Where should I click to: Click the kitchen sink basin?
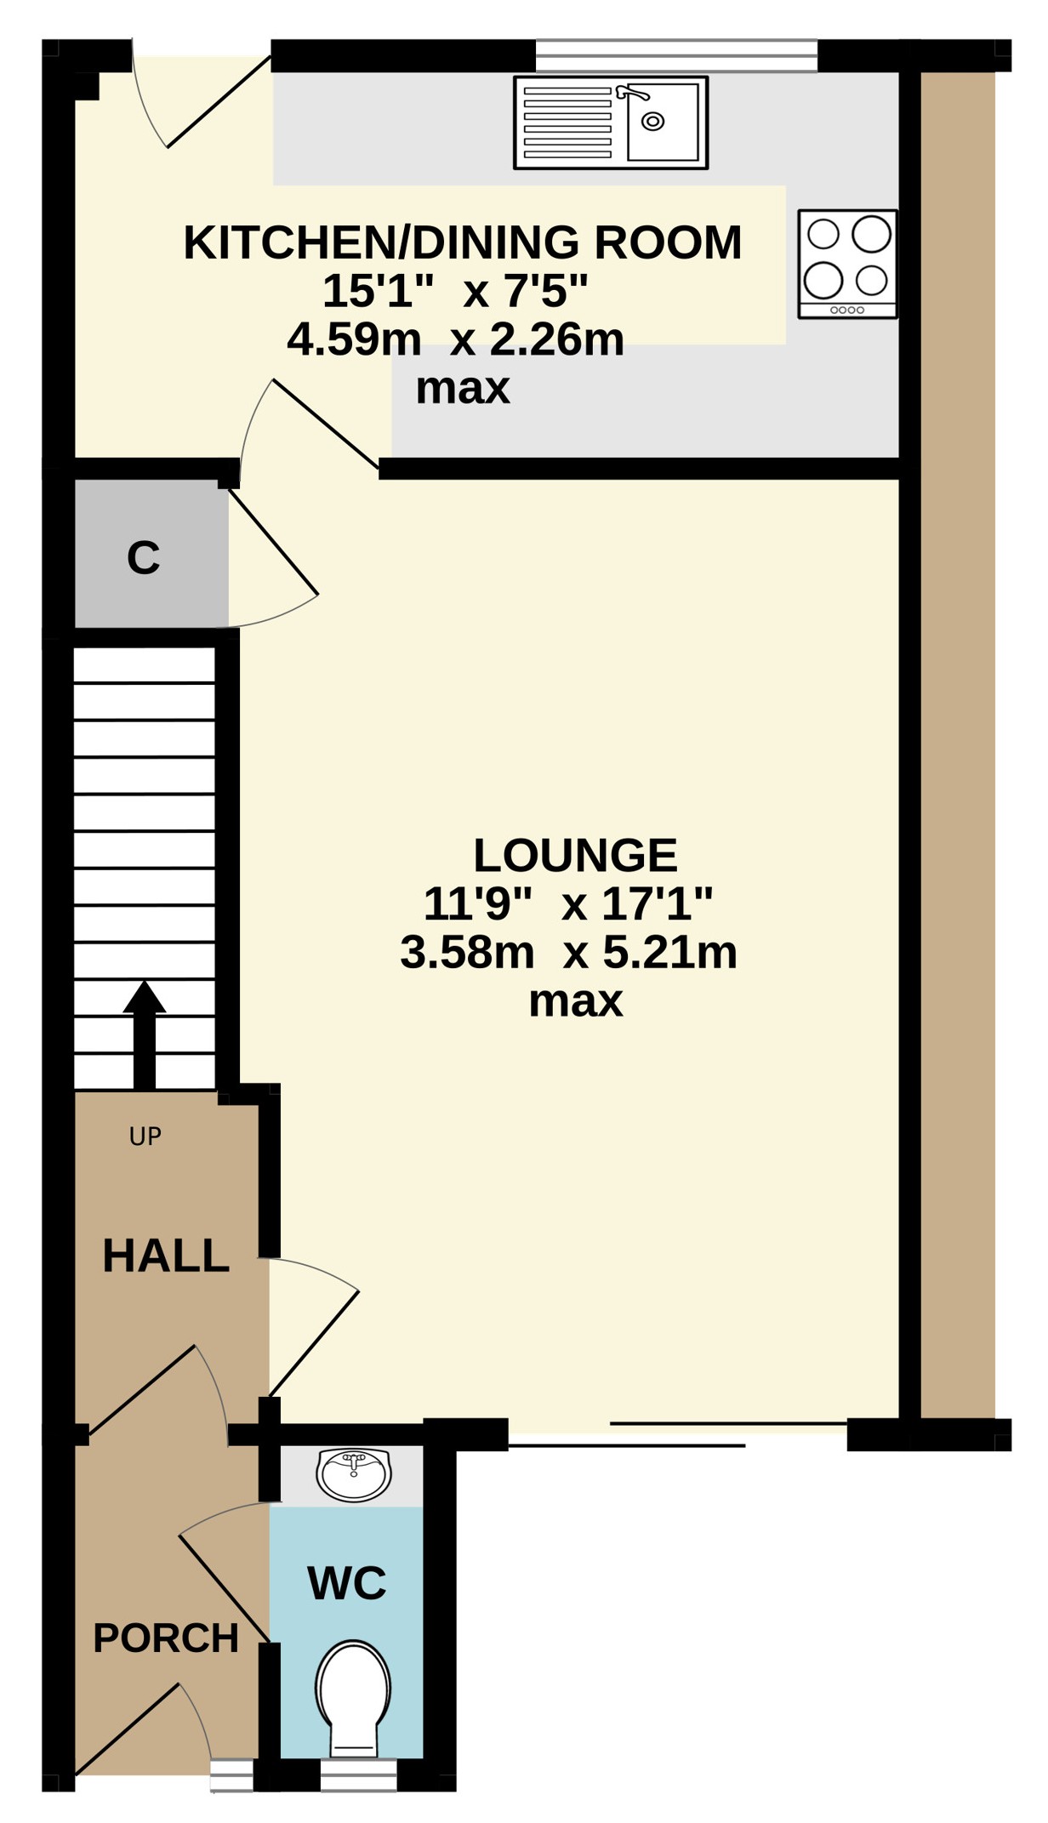coord(663,122)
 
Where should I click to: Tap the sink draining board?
coord(567,122)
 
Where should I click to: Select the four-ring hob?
coord(847,264)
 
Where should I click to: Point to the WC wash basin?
coord(354,1474)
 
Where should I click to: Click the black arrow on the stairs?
coord(145,1034)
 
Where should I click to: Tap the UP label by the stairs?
coord(145,1136)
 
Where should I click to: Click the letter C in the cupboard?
coord(143,558)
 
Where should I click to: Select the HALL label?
coord(166,1256)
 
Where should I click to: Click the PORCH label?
coord(166,1638)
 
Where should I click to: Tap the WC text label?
coord(347,1583)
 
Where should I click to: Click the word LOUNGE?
coord(575,855)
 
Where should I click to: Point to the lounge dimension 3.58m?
coord(467,952)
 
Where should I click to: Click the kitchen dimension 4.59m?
coord(354,339)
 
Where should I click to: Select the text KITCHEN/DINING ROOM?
coord(463,242)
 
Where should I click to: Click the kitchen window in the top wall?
coord(676,55)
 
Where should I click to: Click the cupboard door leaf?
coord(273,542)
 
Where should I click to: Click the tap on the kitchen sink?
coord(632,92)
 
